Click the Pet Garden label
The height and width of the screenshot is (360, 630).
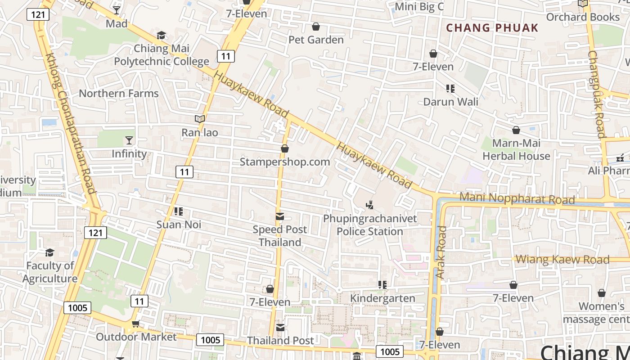[316, 40]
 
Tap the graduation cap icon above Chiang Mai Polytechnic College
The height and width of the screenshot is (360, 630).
[161, 35]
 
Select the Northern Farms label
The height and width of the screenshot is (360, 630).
[119, 94]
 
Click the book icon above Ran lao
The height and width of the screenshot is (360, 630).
[200, 119]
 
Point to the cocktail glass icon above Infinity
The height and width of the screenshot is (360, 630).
[129, 140]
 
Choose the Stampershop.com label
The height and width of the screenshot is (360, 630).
[284, 162]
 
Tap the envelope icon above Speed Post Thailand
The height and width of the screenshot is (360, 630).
[280, 217]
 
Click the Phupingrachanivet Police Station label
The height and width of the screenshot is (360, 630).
[370, 225]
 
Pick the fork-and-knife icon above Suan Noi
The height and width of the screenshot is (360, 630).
[179, 211]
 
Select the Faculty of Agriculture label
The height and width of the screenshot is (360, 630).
[50, 272]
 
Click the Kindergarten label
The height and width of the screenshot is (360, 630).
[382, 298]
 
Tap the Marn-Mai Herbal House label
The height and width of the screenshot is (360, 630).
[516, 150]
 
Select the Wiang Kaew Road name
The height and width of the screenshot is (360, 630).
[562, 259]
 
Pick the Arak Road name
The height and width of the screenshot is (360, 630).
[441, 252]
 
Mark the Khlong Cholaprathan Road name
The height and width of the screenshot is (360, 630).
[71, 124]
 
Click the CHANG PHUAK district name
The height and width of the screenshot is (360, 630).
[492, 28]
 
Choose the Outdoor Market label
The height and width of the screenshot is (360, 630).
[136, 337]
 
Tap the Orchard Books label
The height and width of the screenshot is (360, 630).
[583, 17]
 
